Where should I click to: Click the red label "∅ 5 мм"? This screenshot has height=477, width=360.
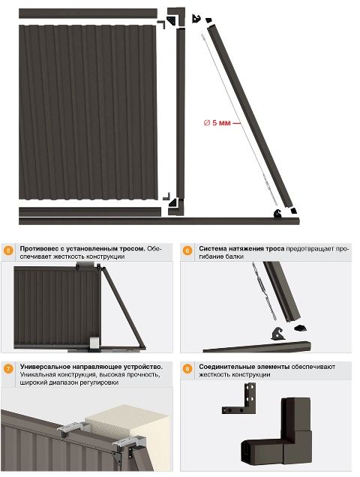click(x=217, y=122)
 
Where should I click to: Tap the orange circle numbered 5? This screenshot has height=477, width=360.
click(x=8, y=250)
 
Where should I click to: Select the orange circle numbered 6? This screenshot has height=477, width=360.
click(x=187, y=250)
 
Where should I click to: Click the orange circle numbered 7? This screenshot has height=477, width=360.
click(x=8, y=369)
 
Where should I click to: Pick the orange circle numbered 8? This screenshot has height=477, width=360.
click(x=187, y=369)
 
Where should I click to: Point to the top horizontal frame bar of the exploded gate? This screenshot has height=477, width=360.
click(x=88, y=13)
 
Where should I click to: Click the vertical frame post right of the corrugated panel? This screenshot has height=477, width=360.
click(x=181, y=113)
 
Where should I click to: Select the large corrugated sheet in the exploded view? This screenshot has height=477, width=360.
click(x=88, y=112)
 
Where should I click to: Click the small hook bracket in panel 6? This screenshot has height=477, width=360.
click(x=277, y=334)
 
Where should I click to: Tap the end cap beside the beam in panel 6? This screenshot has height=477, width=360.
click(x=300, y=328)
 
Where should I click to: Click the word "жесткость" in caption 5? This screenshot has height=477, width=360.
click(x=68, y=256)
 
